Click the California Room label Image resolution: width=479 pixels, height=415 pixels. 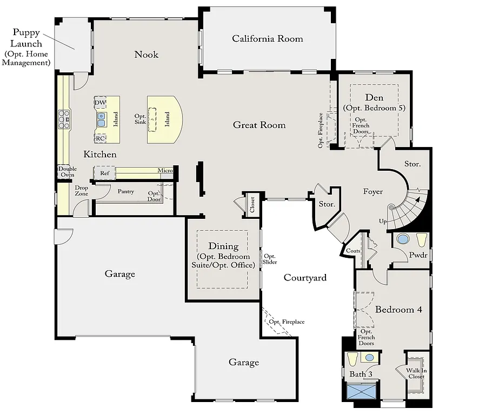tap(268, 38)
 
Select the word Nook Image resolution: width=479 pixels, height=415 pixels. tap(147, 55)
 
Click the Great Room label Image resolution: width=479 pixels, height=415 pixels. tap(259, 125)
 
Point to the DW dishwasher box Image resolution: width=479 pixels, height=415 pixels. tap(100, 103)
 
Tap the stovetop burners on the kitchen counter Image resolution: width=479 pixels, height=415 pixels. tap(64, 119)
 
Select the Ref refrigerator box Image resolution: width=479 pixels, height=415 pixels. tap(104, 173)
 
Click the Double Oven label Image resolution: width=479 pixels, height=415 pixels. tap(67, 172)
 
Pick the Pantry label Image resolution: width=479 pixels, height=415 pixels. tap(125, 191)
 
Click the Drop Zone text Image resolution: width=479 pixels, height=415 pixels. tap(82, 191)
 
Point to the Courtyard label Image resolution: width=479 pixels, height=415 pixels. tap(305, 278)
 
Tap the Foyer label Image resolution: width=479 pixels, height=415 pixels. tap(373, 191)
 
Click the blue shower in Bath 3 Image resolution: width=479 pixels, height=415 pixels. tap(362, 391)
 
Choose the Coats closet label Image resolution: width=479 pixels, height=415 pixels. tap(353, 251)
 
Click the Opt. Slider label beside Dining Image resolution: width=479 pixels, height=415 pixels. tap(269, 259)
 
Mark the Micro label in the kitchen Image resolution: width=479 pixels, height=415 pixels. tap(165, 171)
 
